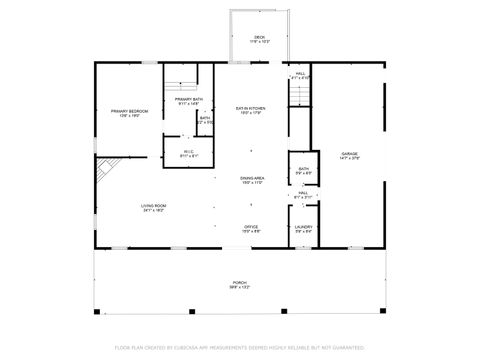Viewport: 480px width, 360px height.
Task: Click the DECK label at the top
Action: tap(259, 38)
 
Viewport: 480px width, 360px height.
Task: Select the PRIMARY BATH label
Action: tap(189, 99)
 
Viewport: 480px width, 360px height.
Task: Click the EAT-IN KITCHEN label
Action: tap(250, 108)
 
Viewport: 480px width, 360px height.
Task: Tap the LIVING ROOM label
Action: tap(153, 205)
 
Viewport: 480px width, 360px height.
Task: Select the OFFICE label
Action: tap(252, 226)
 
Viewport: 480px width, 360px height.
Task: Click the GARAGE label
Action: tap(349, 153)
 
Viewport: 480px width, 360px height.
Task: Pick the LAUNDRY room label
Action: tap(304, 226)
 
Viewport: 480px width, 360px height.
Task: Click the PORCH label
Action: tap(240, 283)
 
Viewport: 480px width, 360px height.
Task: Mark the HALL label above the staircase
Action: tap(300, 73)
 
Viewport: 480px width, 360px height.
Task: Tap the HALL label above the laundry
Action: tap(303, 193)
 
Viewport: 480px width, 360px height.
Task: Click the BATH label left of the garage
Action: tap(303, 169)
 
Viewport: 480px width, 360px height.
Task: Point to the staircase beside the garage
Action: tap(300, 93)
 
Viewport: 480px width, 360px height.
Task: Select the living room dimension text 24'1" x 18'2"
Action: tap(153, 211)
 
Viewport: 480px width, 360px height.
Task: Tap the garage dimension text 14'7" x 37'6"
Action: tap(349, 159)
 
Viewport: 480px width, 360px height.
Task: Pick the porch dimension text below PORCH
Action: tap(240, 289)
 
